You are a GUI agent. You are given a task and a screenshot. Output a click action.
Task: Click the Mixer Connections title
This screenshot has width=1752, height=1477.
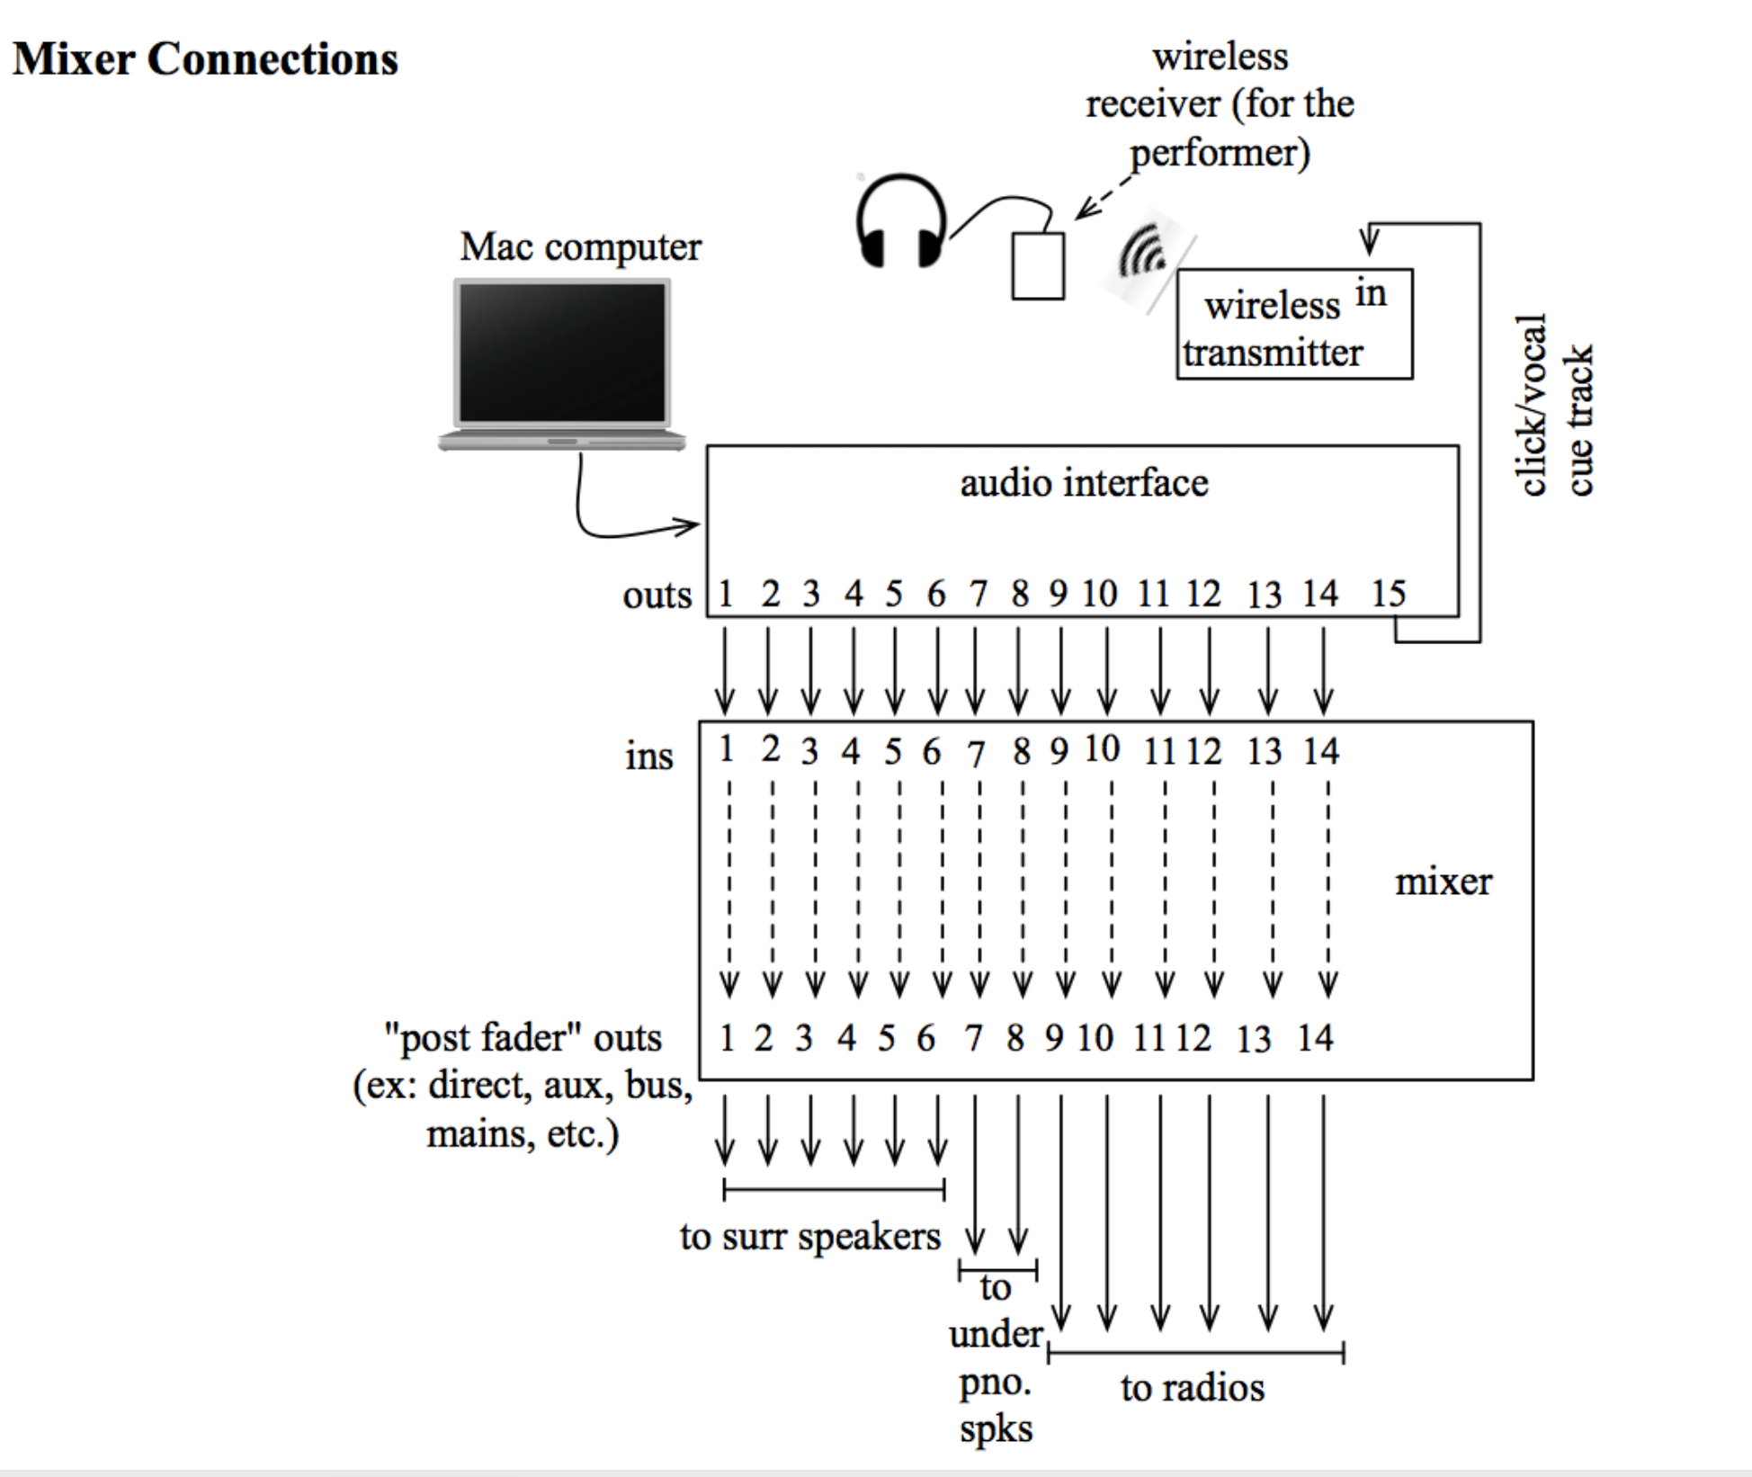click(205, 59)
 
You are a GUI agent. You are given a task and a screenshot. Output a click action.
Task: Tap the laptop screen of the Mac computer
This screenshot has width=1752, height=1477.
click(563, 353)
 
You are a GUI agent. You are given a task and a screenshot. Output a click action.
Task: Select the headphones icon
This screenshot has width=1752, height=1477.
click(901, 222)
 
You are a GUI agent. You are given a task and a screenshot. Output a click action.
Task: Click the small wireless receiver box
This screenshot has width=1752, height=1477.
click(1038, 266)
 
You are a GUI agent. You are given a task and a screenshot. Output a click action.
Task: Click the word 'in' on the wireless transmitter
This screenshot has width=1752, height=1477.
click(1371, 294)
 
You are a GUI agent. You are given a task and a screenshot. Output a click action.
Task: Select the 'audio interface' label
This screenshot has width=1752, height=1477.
click(1084, 483)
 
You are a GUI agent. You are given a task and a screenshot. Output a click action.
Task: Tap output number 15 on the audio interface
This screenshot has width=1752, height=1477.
click(1388, 594)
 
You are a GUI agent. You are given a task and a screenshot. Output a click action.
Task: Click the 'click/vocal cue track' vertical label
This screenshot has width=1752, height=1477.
click(1554, 405)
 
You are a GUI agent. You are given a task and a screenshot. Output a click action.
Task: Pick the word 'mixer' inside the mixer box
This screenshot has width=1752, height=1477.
click(1443, 882)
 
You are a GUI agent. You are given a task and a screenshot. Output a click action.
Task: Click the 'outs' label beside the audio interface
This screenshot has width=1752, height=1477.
click(657, 595)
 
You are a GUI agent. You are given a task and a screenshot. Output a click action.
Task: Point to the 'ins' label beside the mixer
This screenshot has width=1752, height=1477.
click(648, 756)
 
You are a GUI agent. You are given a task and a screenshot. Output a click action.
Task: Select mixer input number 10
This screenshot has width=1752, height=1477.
click(1102, 749)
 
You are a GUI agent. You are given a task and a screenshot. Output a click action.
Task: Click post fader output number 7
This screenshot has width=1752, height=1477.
click(973, 1039)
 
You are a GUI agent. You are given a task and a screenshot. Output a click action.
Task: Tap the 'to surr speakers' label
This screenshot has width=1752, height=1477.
click(809, 1237)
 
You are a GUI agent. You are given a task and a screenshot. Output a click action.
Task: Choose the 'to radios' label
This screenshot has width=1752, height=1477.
click(1192, 1388)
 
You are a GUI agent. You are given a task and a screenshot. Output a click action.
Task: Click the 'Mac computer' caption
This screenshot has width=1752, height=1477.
click(580, 246)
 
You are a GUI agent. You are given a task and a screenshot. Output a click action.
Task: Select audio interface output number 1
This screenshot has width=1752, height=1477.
click(726, 594)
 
